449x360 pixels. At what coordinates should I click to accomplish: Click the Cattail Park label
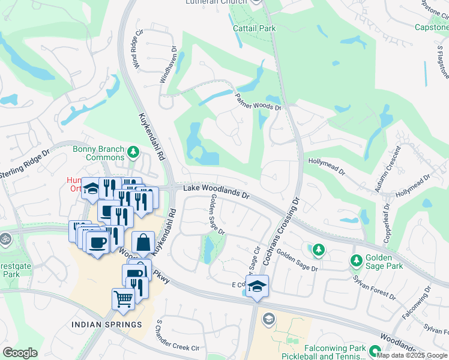click(x=254, y=28)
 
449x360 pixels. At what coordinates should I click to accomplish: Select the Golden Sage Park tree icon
click(x=355, y=260)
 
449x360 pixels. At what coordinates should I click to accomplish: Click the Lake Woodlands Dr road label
click(x=215, y=191)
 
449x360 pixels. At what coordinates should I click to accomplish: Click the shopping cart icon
click(x=123, y=298)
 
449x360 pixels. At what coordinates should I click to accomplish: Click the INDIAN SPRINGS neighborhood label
click(x=106, y=325)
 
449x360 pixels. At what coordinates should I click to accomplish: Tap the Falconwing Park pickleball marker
click(x=376, y=352)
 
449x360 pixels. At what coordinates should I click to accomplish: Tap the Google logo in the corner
click(x=20, y=353)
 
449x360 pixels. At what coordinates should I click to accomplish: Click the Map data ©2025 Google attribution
click(x=412, y=355)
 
